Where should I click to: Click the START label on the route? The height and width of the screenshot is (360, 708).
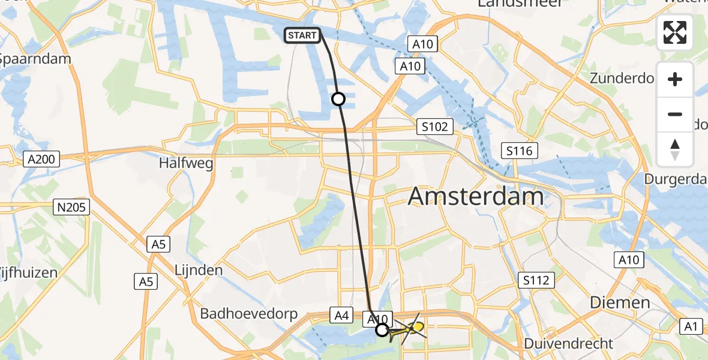click(x=302, y=35)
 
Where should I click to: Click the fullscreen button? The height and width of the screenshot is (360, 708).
click(x=675, y=32)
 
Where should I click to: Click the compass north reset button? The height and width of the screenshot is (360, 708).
click(x=675, y=149)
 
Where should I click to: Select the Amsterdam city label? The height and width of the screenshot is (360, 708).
click(x=476, y=197)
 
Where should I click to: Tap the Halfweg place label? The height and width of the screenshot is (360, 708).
click(x=186, y=163)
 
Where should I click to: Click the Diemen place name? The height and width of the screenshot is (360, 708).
click(x=620, y=302)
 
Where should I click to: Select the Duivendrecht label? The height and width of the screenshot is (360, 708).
click(x=569, y=344)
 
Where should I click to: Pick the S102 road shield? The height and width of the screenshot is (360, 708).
click(x=434, y=127)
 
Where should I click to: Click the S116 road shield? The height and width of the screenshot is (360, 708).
click(x=520, y=151)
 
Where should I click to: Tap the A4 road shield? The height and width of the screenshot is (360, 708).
click(x=342, y=315)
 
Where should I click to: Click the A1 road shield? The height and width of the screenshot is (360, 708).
click(x=692, y=326)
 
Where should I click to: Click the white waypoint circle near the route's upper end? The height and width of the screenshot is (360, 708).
click(x=338, y=99)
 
